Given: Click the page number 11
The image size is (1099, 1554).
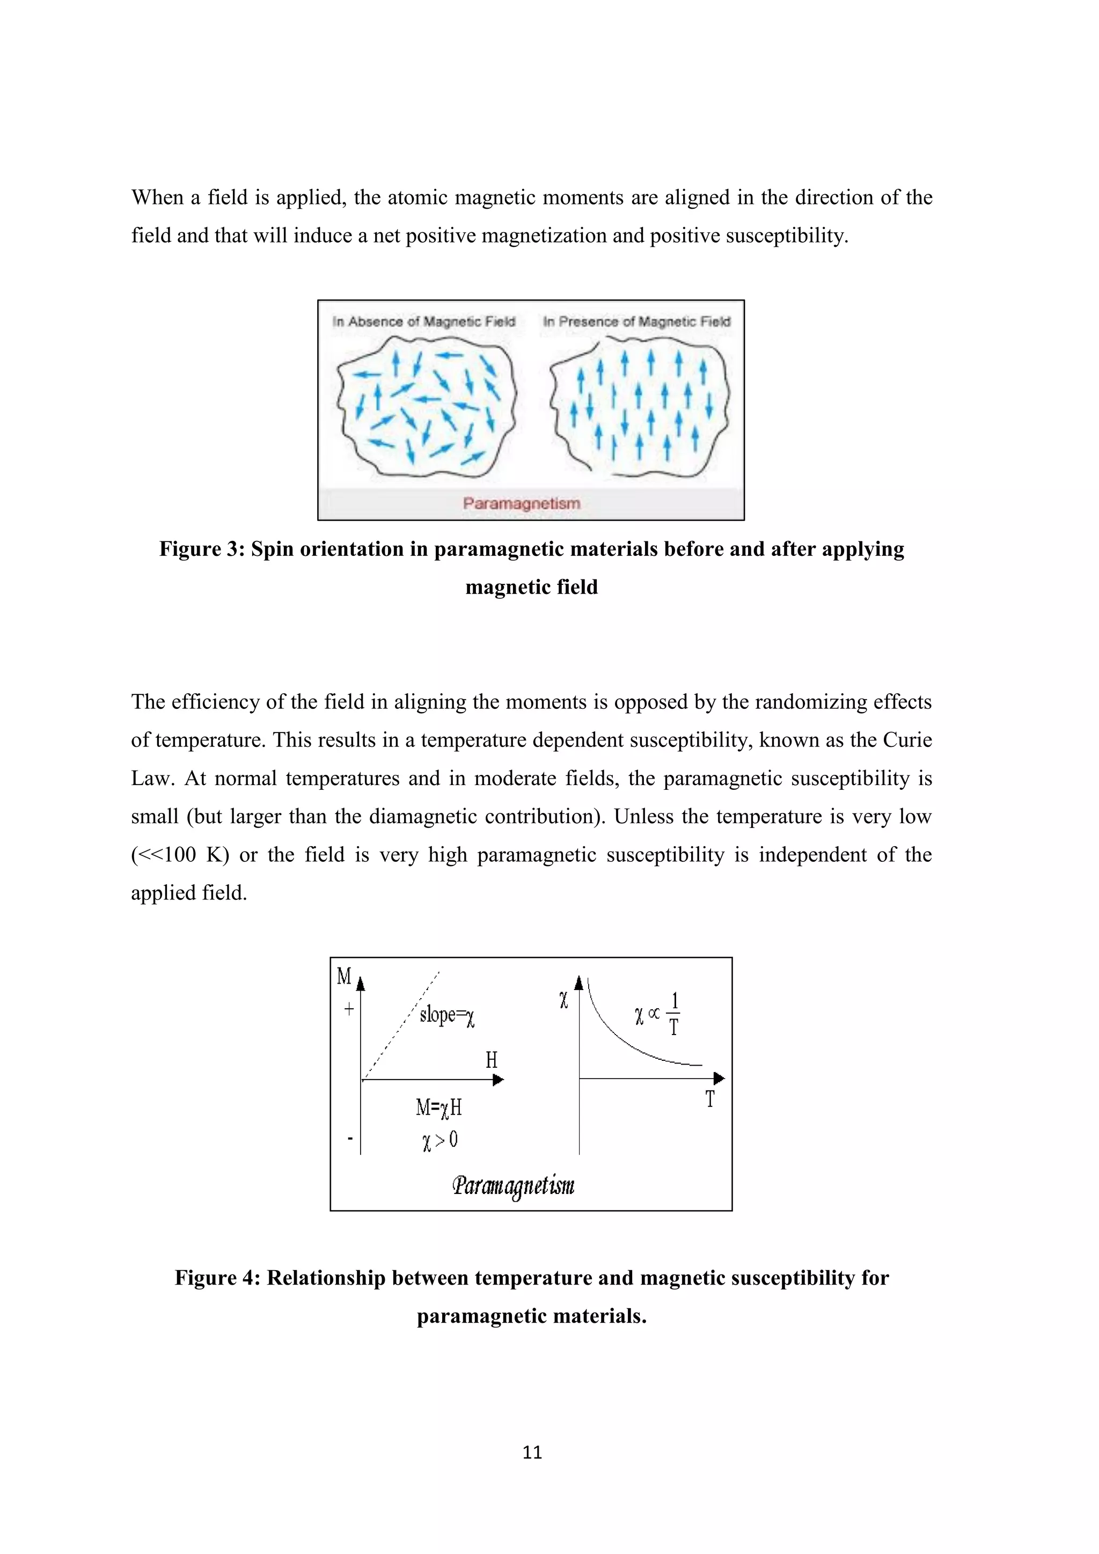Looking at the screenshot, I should click(532, 1453).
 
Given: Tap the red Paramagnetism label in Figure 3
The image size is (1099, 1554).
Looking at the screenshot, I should click(521, 503).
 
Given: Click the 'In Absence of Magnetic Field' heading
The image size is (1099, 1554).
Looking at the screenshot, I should click(423, 321).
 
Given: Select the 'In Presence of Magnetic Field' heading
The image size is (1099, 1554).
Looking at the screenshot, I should click(636, 321).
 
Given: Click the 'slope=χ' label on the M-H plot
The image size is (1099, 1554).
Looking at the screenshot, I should click(446, 1015).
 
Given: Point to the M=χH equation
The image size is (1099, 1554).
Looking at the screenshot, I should click(438, 1108).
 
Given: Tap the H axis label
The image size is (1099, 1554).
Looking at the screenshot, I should click(492, 1060).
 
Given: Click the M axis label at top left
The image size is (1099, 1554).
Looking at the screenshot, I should click(344, 976).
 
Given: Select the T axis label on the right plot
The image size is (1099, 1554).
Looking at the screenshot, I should click(710, 1099).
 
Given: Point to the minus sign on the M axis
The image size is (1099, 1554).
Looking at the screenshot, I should click(350, 1139).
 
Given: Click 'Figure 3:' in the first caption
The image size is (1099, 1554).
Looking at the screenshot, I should click(202, 549).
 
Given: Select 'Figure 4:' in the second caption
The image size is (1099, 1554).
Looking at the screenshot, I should click(217, 1278).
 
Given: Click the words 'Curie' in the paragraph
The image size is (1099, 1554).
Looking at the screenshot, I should click(907, 740).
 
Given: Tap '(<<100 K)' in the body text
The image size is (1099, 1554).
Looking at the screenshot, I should click(180, 855).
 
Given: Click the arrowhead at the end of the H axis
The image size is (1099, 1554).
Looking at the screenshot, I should click(499, 1080).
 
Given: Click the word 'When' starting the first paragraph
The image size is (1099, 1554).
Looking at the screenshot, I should click(157, 197).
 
